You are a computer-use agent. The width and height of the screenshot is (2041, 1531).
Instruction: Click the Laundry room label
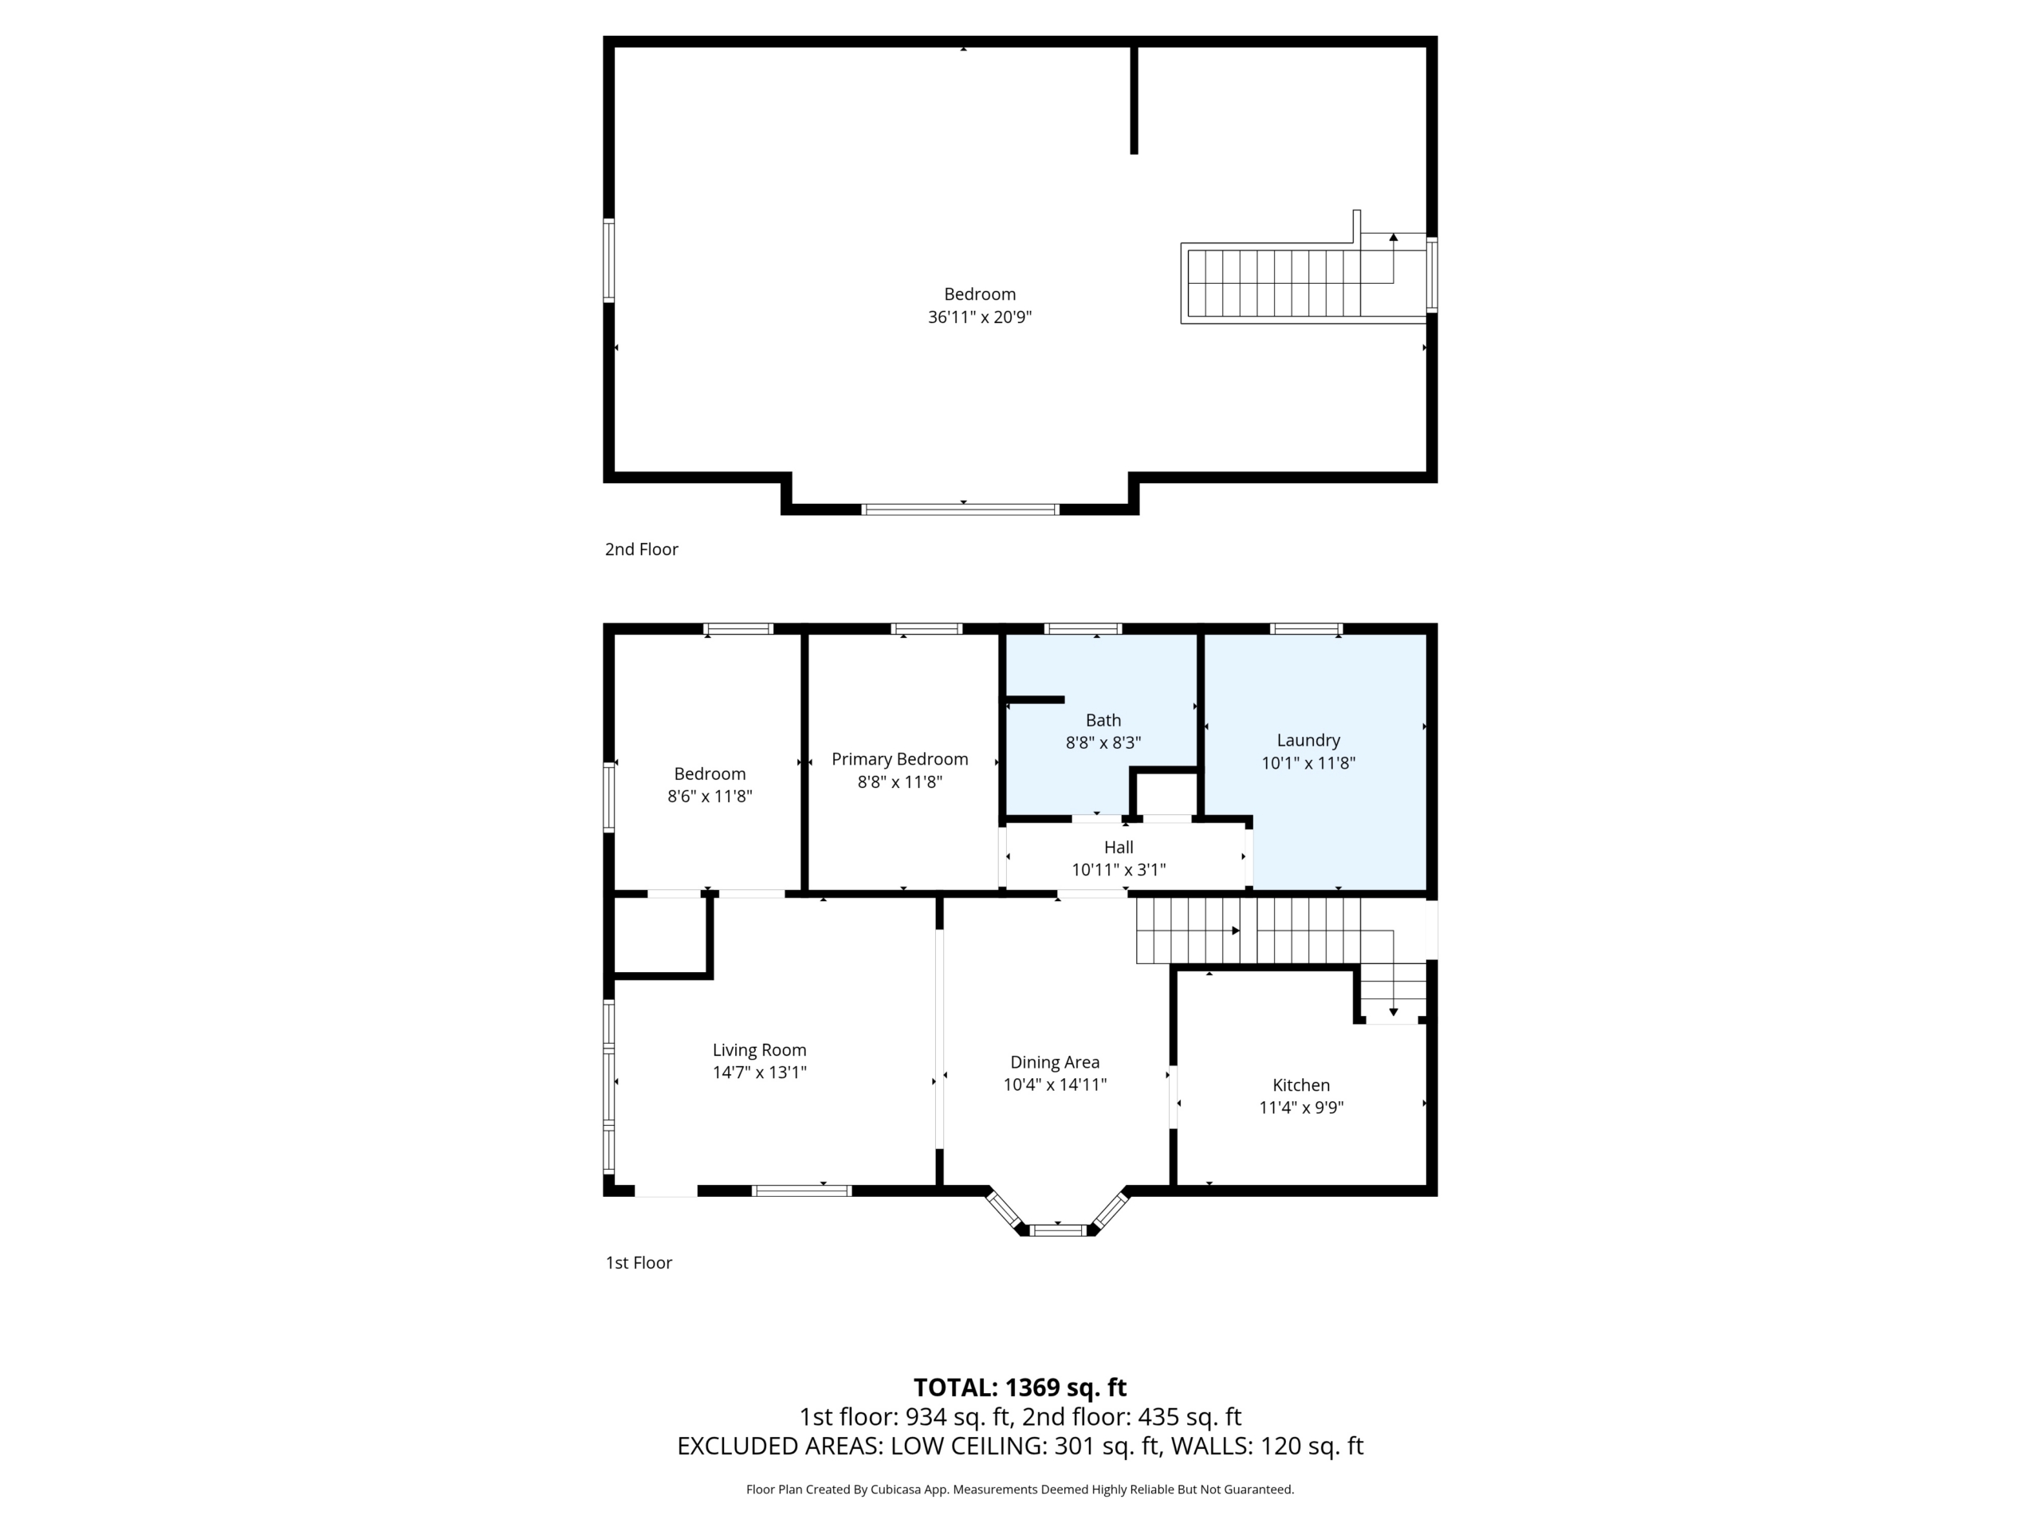click(x=1308, y=740)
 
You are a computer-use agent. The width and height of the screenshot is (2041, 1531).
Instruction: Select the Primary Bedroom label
click(x=899, y=759)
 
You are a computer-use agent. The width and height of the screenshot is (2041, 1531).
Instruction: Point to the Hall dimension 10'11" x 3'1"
click(x=1119, y=870)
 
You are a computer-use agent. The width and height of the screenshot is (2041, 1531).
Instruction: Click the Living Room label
click(x=759, y=1050)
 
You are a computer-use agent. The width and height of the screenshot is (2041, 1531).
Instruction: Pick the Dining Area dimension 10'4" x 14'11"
click(x=1055, y=1085)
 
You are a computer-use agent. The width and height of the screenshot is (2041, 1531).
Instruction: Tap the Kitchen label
click(x=1301, y=1085)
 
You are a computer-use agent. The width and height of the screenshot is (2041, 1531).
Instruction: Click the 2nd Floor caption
click(x=641, y=549)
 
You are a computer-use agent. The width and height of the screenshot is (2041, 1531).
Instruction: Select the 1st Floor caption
click(x=639, y=1262)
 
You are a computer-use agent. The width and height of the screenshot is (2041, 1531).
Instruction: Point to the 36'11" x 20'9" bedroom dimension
click(x=979, y=317)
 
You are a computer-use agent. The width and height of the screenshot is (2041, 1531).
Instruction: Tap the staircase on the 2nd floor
click(x=1291, y=282)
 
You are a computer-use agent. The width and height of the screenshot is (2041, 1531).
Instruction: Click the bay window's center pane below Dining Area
click(x=1058, y=1230)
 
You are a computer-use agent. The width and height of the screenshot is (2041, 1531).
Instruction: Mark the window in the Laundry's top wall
click(x=1306, y=628)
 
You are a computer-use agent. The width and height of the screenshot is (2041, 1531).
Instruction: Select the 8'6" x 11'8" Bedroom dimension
click(x=710, y=797)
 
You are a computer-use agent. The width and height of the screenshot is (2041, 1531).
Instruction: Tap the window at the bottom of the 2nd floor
click(x=960, y=510)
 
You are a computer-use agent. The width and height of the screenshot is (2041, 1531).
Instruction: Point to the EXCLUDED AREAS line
click(x=1020, y=1446)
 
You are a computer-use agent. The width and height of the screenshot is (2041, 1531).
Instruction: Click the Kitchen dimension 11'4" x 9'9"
click(x=1301, y=1108)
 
